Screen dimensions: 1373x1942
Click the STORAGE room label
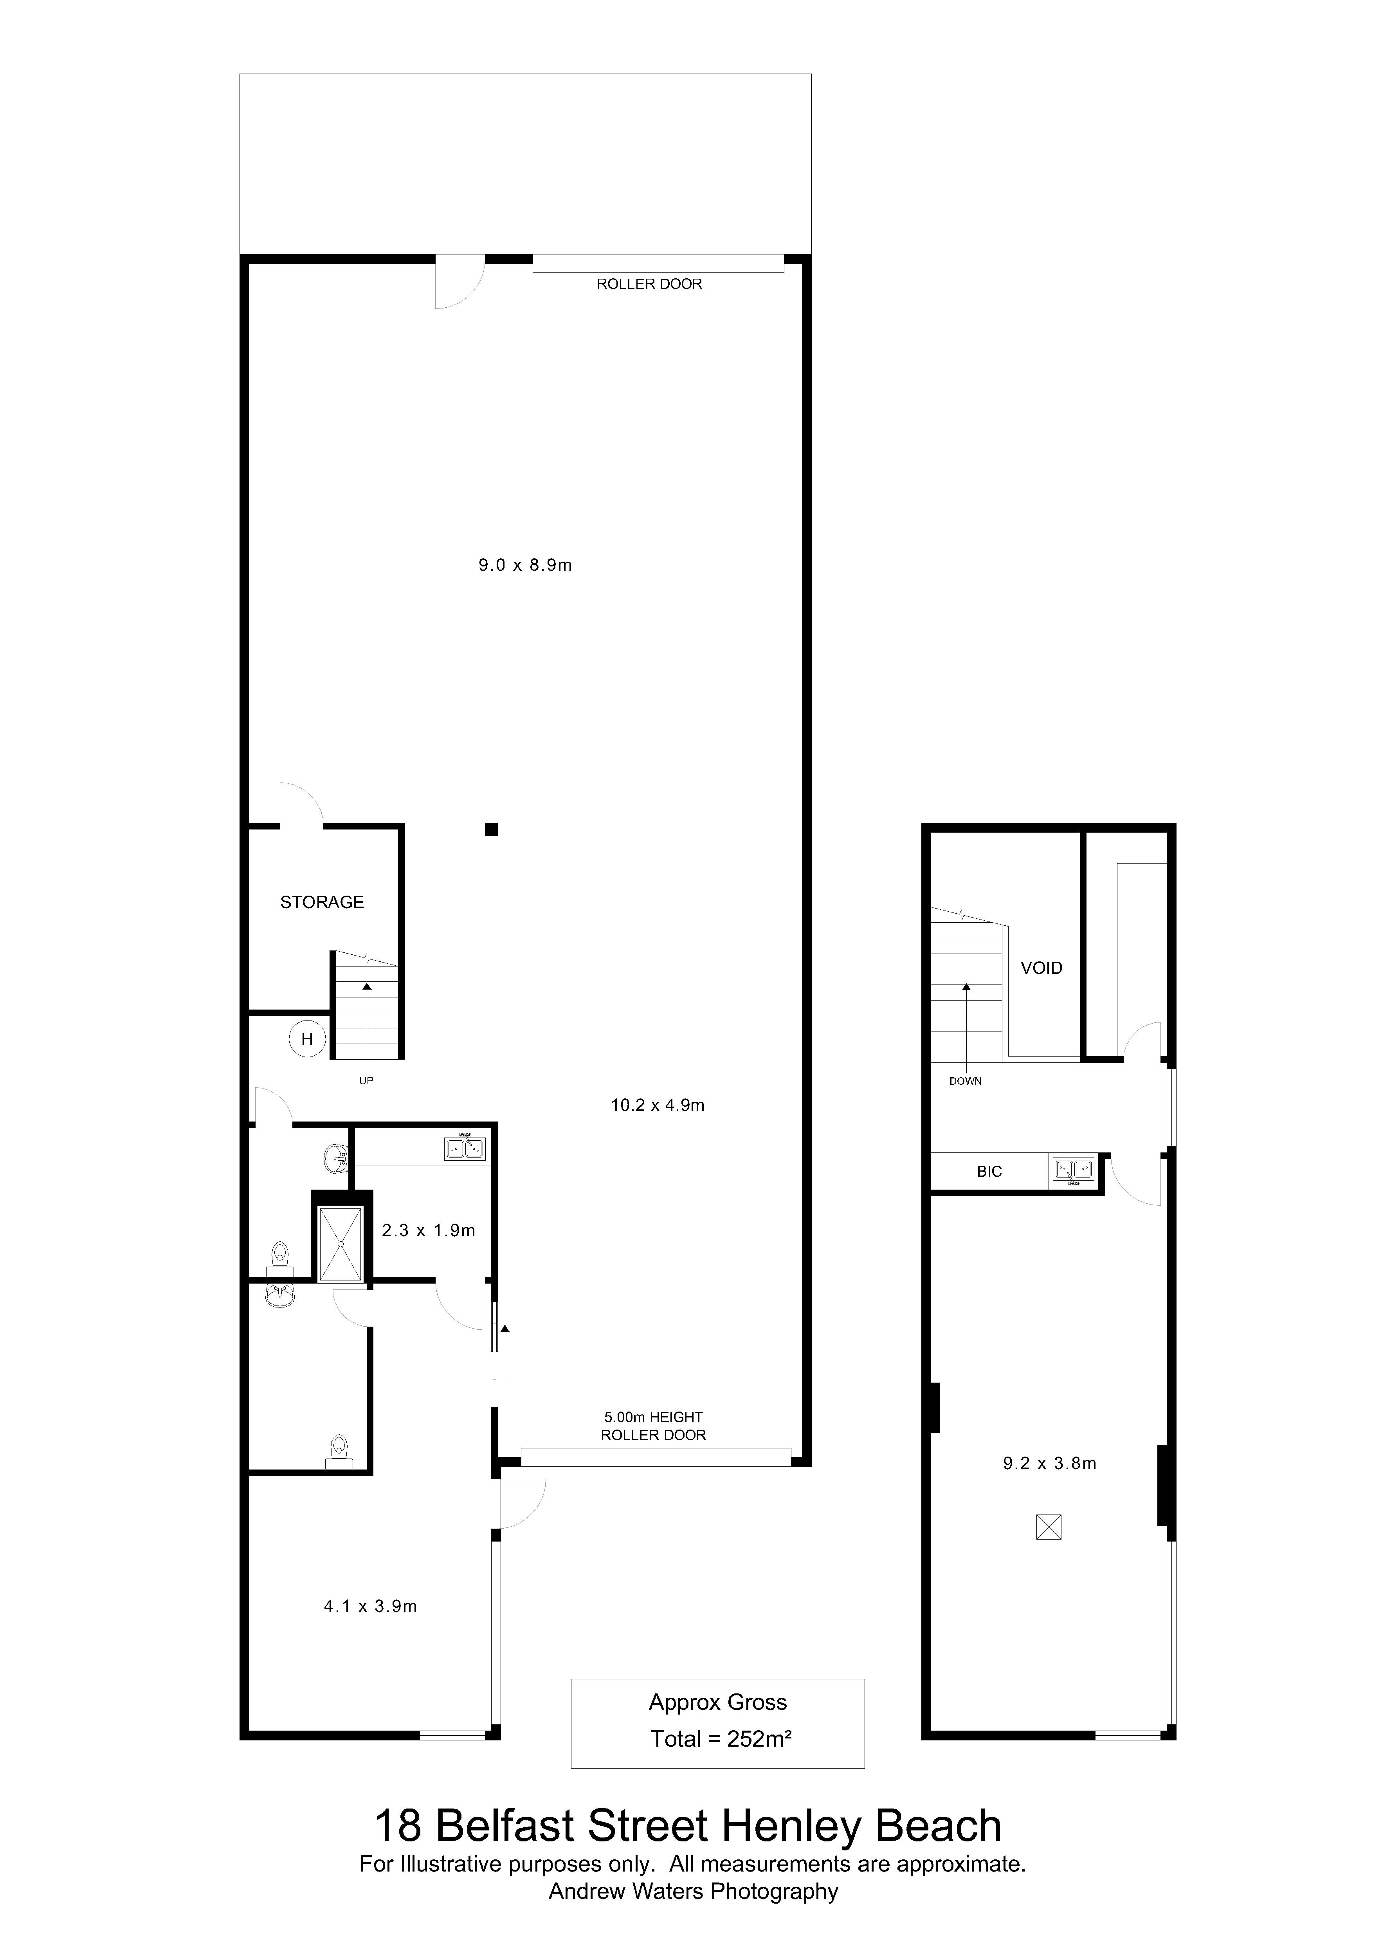coord(322,902)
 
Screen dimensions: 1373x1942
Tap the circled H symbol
coord(307,1040)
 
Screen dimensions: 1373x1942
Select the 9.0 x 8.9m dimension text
coord(525,565)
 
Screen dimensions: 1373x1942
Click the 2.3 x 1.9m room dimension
coord(429,1231)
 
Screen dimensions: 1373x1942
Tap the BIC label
coord(989,1172)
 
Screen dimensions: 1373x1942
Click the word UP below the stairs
coord(366,1081)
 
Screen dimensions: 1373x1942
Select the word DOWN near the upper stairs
coord(966,1081)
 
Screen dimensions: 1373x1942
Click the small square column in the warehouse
coord(490,829)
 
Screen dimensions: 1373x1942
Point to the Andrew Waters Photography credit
coord(693,1891)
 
